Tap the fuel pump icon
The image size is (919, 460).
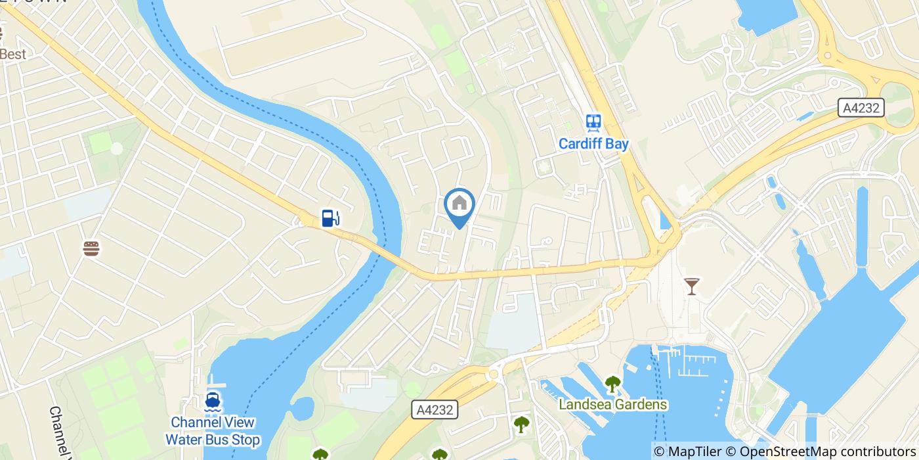click(330, 218)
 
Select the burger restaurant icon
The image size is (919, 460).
click(91, 248)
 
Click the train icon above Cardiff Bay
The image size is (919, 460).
click(593, 122)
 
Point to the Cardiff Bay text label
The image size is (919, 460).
click(593, 144)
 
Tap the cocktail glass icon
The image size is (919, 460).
click(691, 286)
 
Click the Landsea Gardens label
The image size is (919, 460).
click(613, 404)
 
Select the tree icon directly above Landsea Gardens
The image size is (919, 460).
click(612, 383)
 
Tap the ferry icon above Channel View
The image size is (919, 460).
click(212, 401)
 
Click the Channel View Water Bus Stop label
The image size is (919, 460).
click(212, 431)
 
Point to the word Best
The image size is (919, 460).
click(13, 54)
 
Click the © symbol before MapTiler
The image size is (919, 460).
click(660, 451)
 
